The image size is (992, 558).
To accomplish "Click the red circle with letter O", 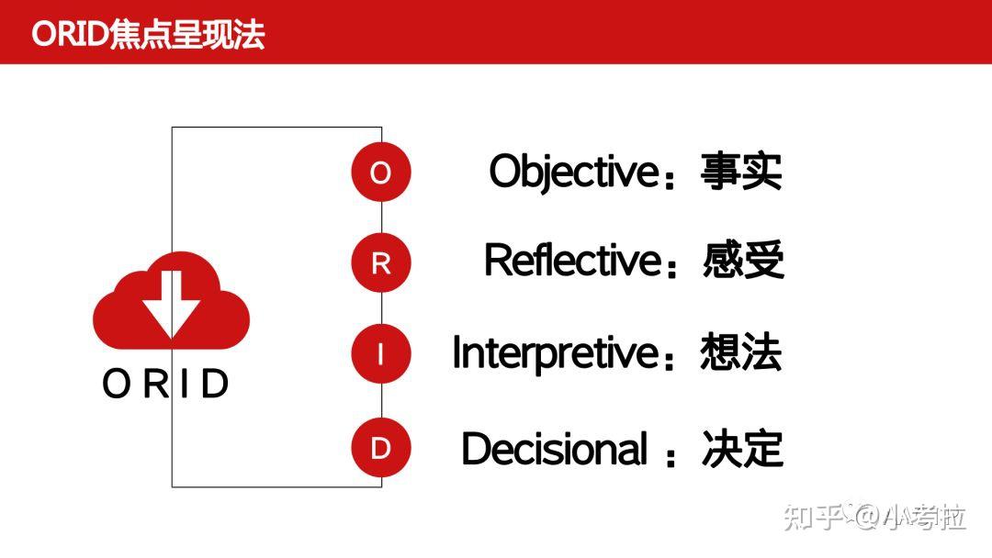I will click(x=380, y=172).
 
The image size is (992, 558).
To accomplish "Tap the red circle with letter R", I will click(x=380, y=263).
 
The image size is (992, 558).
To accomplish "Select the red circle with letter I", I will click(x=380, y=354).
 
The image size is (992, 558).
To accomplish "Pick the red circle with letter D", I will click(x=380, y=449).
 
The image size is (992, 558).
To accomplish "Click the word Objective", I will click(x=573, y=172).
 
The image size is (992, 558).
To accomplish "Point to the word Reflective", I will click(x=571, y=261).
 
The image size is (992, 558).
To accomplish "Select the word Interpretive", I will click(x=555, y=353).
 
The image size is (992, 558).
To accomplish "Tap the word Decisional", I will click(x=554, y=449).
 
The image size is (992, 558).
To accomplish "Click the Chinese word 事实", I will click(x=741, y=172).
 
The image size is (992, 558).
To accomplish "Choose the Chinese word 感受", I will click(x=743, y=261).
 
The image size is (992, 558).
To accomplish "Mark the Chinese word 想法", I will click(x=740, y=353).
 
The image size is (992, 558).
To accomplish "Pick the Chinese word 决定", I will click(x=742, y=449).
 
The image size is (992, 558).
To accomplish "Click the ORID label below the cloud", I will click(x=165, y=384).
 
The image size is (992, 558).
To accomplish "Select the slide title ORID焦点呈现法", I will click(x=148, y=34).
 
